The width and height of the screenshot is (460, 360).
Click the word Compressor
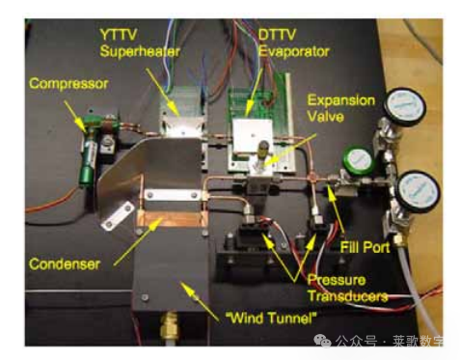click(68, 84)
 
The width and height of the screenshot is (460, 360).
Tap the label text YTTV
click(119, 35)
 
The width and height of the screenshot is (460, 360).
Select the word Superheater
click(140, 52)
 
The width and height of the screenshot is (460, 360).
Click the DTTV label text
click(277, 35)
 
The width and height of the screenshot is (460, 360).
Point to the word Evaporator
click(294, 52)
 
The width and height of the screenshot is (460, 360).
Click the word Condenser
click(65, 264)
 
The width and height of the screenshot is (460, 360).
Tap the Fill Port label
click(365, 247)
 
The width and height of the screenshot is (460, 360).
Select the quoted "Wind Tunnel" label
click(271, 318)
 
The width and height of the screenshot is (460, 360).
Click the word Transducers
click(348, 296)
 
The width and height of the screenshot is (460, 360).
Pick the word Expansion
click(341, 100)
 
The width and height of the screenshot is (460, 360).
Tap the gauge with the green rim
click(357, 160)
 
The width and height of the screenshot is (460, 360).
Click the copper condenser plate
click(171, 220)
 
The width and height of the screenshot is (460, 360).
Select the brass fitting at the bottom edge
click(170, 326)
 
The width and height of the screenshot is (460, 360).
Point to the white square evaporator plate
click(253, 136)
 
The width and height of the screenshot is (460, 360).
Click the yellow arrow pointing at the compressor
click(75, 117)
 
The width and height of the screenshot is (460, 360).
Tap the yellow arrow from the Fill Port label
click(337, 209)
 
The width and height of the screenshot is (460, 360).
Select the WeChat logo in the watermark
click(322, 341)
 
